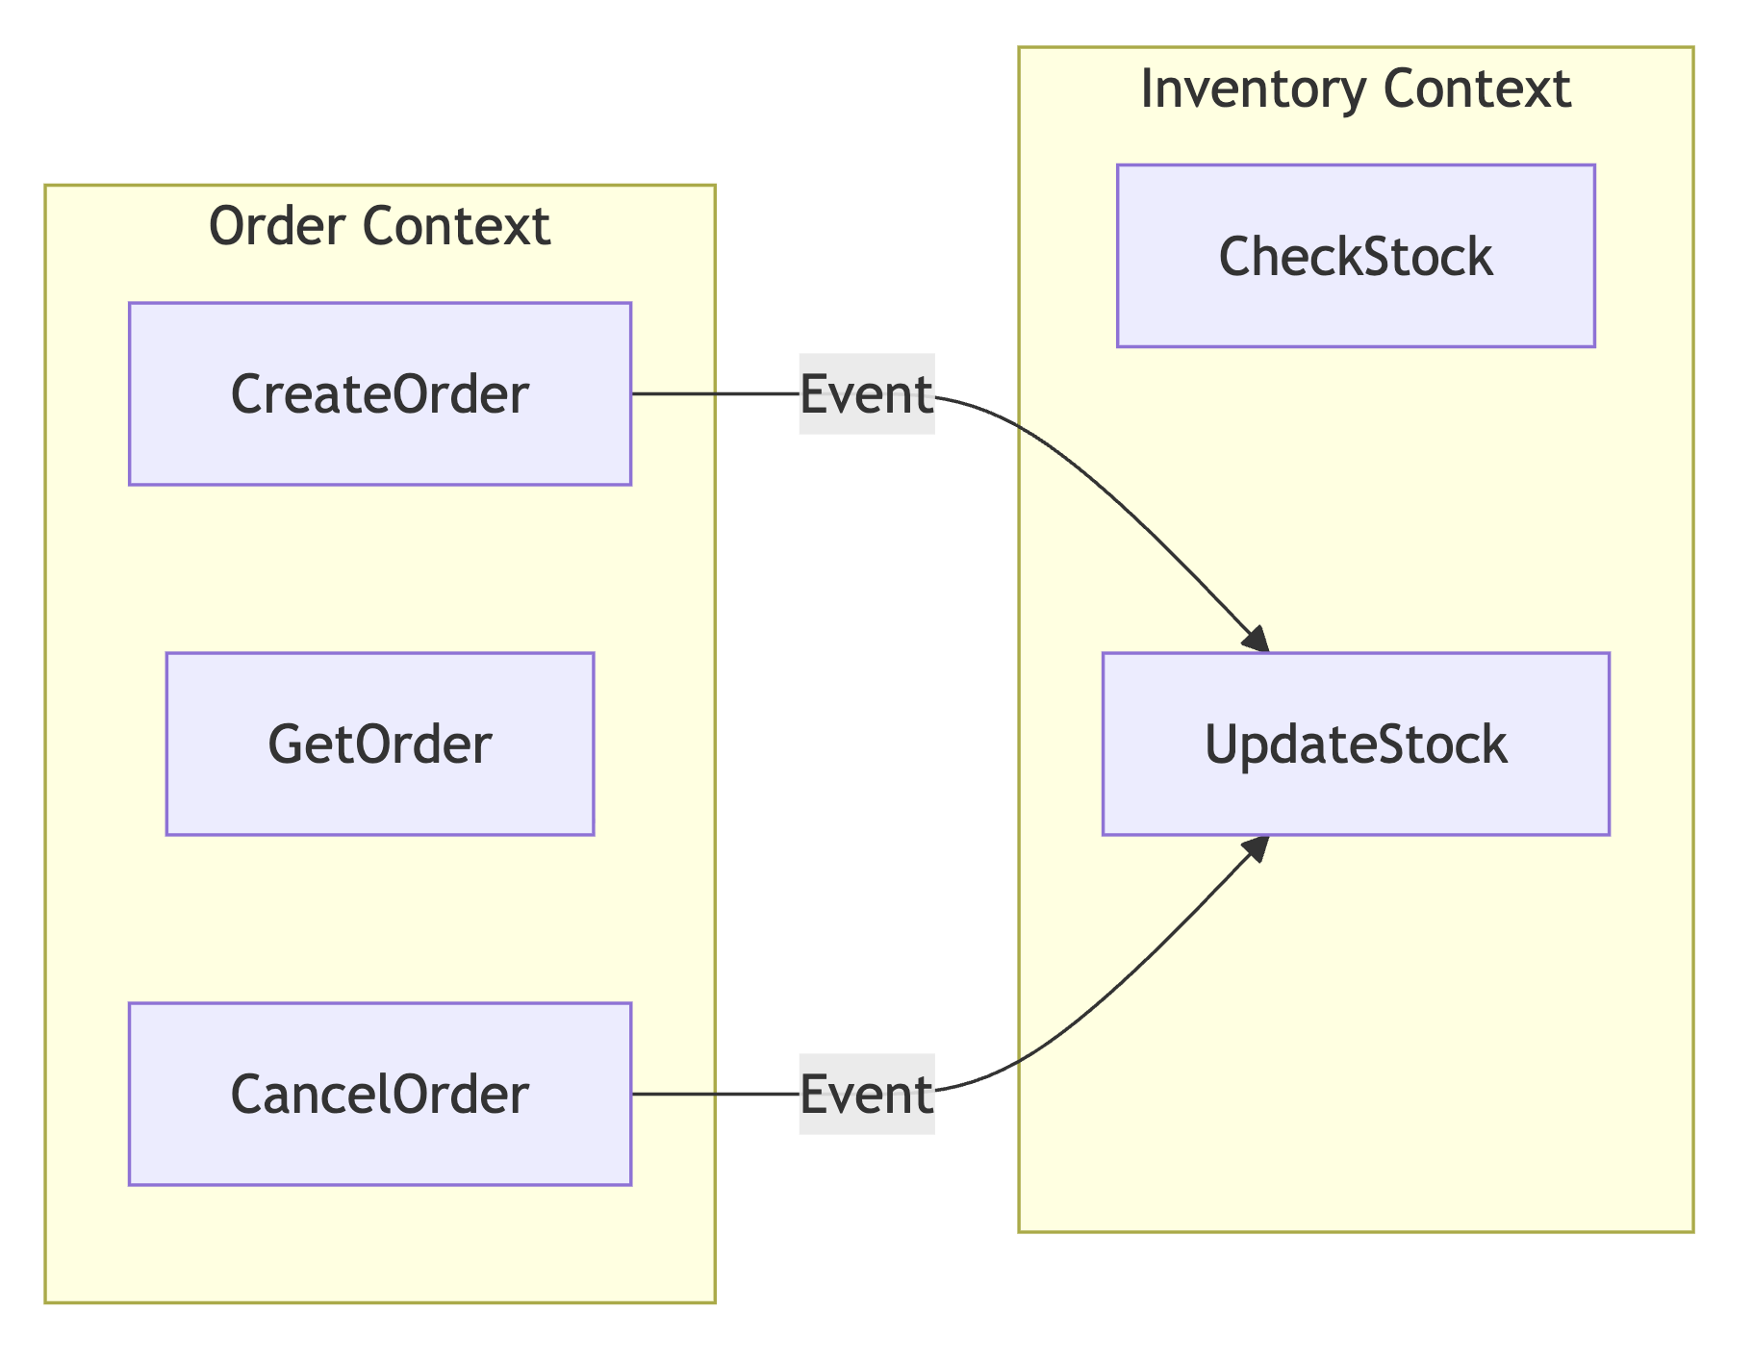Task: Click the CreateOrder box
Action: [379, 393]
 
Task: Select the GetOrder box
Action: [379, 744]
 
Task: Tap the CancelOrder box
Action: [379, 1094]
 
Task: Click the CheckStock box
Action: [1355, 256]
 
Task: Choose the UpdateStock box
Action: [1355, 744]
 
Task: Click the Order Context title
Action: [379, 227]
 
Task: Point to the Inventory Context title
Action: [1355, 89]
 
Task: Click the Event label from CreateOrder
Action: [866, 393]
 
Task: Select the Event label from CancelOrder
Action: [866, 1094]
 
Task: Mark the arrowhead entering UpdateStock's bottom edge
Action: [1257, 847]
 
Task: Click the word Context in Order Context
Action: [456, 227]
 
